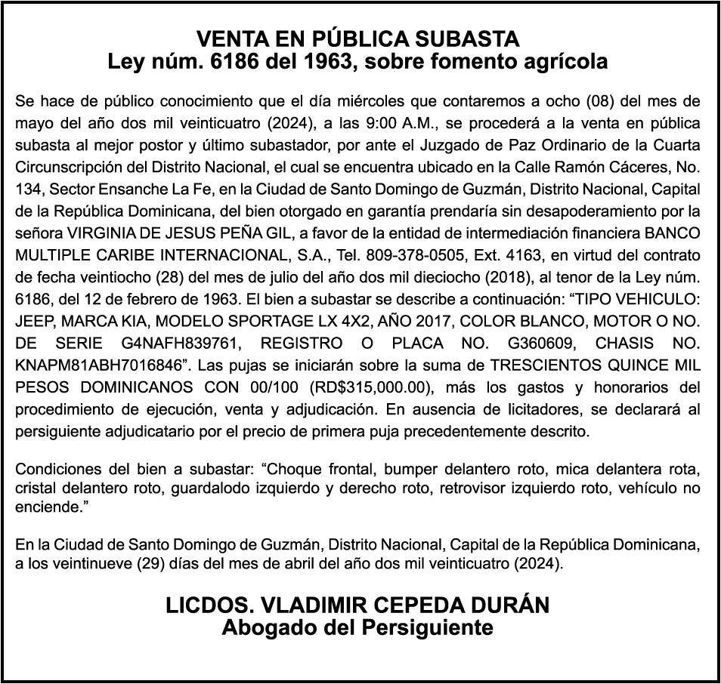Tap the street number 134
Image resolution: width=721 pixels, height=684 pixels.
(28, 188)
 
